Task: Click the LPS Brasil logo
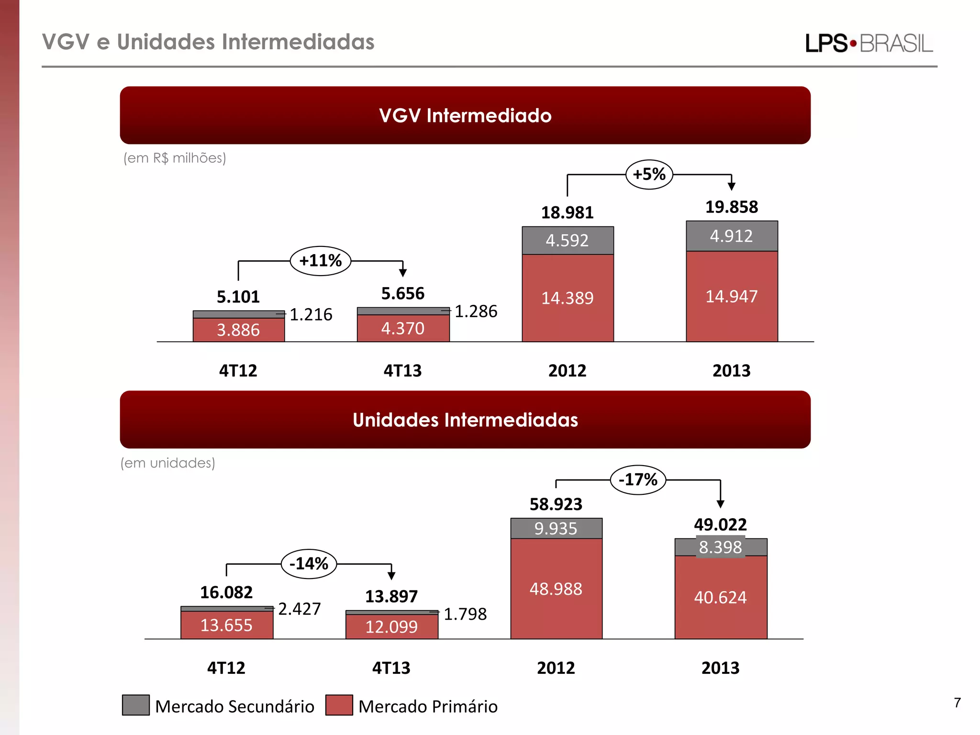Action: [869, 43]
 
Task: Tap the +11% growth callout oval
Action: [320, 261]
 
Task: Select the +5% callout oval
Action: [649, 174]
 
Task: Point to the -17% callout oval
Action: [638, 479]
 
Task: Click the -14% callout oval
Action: [309, 564]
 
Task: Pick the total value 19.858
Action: [732, 207]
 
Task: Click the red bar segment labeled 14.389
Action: [568, 298]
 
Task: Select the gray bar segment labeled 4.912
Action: [732, 236]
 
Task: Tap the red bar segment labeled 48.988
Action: [556, 589]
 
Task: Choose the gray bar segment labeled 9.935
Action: [556, 528]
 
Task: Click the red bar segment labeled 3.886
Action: [238, 330]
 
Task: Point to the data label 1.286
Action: [476, 312]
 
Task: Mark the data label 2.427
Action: [300, 609]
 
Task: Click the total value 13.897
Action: [391, 597]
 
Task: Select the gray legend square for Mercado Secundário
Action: [136, 705]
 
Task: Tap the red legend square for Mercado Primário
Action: [339, 705]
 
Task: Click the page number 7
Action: [957, 702]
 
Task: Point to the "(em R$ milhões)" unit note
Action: [175, 158]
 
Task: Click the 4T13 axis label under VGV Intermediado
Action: [402, 371]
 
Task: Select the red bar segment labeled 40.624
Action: [721, 597]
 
